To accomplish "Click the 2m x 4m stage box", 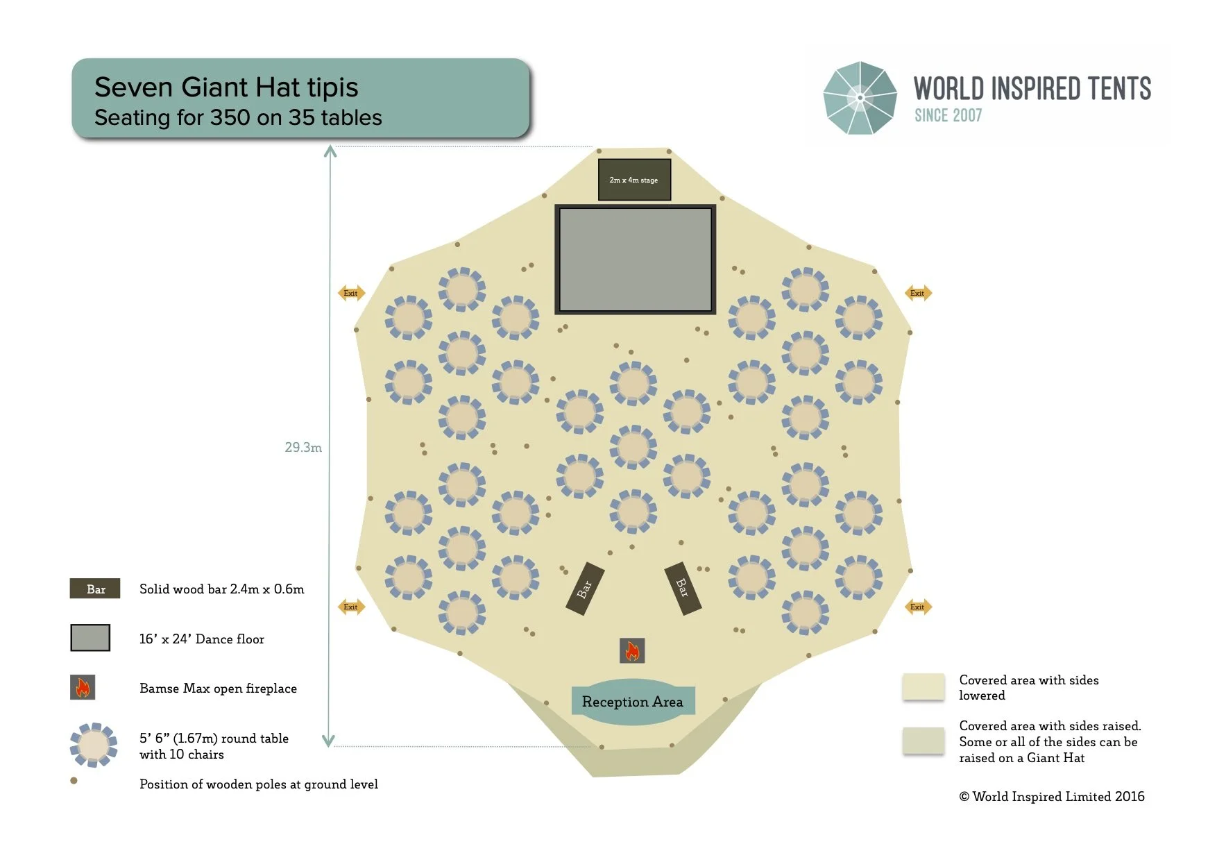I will point(634,180).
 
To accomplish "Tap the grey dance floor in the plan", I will point(635,260).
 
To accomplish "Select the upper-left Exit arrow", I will point(351,293).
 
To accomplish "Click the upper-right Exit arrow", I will point(918,293).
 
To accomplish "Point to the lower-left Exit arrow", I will point(351,607).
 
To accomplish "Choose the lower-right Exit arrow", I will point(918,607).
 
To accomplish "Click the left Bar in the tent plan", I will point(585,589).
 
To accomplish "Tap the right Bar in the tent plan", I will point(683,589).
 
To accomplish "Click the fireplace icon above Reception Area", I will point(632,651).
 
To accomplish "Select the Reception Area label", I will point(632,702).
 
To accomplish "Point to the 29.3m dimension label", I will point(303,448).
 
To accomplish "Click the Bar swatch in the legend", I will point(95,589).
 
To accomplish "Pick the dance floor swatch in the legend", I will point(90,638).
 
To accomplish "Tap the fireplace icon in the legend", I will point(83,687).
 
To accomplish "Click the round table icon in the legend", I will point(94,745).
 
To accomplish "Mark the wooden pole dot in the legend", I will point(74,781).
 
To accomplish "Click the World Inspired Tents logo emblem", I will point(860,98).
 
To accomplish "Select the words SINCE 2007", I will point(948,115).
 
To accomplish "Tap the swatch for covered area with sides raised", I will point(923,741).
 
